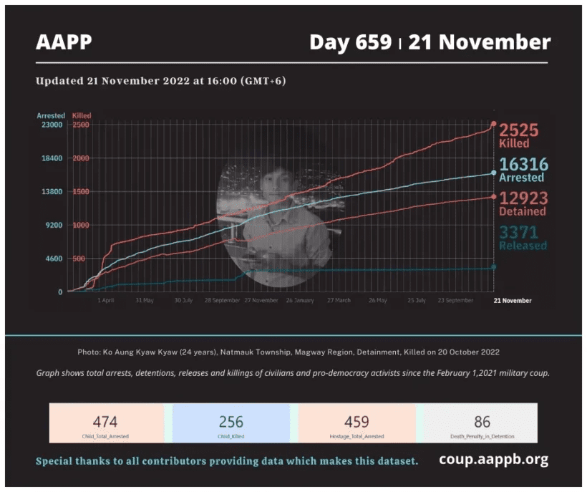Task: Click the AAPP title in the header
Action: pyautogui.click(x=64, y=42)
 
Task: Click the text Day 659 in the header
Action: pyautogui.click(x=350, y=42)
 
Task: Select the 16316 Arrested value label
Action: pyautogui.click(x=523, y=170)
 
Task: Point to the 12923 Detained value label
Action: pyautogui.click(x=523, y=203)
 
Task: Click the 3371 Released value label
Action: pyautogui.click(x=523, y=238)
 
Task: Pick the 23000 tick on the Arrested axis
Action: pyautogui.click(x=51, y=125)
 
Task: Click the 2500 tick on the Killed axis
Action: pyautogui.click(x=80, y=125)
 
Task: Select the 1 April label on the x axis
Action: pyautogui.click(x=105, y=301)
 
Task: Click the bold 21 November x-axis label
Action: pyautogui.click(x=513, y=301)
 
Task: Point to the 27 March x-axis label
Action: pyautogui.click(x=339, y=301)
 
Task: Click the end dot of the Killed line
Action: pyautogui.click(x=494, y=124)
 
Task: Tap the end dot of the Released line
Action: pyautogui.click(x=494, y=267)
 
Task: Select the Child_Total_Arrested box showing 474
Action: pyautogui.click(x=105, y=423)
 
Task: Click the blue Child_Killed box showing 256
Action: pyautogui.click(x=231, y=423)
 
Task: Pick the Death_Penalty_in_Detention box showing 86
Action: pyautogui.click(x=481, y=423)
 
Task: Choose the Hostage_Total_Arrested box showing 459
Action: pyautogui.click(x=356, y=423)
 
